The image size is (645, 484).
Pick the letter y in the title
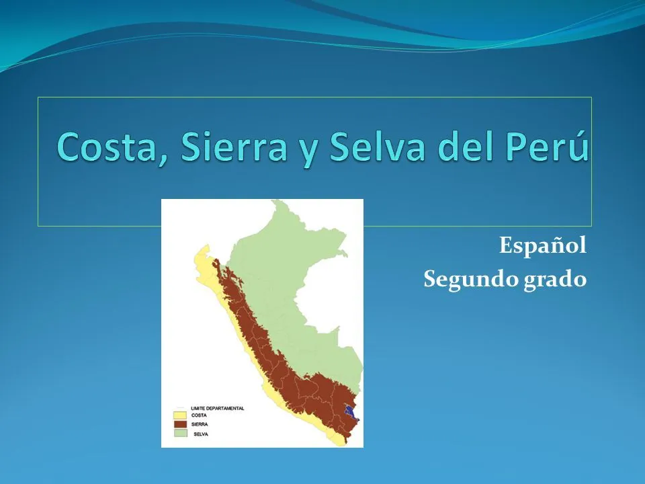point(300,149)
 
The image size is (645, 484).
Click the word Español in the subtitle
point(543,247)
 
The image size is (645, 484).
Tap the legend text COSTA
point(200,415)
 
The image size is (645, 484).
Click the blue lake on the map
point(350,411)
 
